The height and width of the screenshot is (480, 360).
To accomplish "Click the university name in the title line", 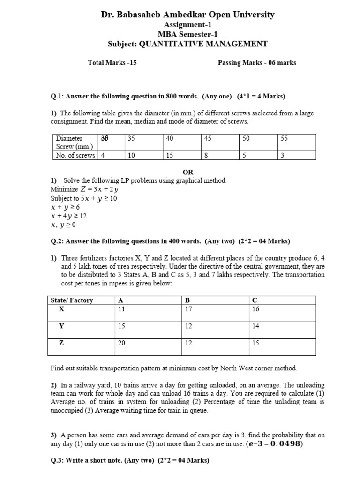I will [x=187, y=15].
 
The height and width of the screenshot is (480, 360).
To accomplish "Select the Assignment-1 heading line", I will [x=187, y=25].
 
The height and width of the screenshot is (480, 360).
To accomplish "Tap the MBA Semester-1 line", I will [x=187, y=34].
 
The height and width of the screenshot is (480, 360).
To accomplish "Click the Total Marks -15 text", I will [x=112, y=63].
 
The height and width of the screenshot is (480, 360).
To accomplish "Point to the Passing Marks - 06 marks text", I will [x=257, y=63].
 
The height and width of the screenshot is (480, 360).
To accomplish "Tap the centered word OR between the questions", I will [x=188, y=172].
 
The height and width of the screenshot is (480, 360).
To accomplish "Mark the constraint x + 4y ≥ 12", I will [x=68, y=216].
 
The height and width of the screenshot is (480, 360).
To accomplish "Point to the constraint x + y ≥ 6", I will [x=65, y=207].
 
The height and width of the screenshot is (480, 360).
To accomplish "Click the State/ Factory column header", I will [x=72, y=300].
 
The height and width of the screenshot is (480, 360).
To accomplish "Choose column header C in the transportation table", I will [x=255, y=300].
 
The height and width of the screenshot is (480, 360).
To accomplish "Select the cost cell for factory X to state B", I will [x=188, y=309].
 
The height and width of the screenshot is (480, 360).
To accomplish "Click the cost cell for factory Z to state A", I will [x=121, y=343].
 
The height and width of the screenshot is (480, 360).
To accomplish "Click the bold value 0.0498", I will [x=284, y=444].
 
